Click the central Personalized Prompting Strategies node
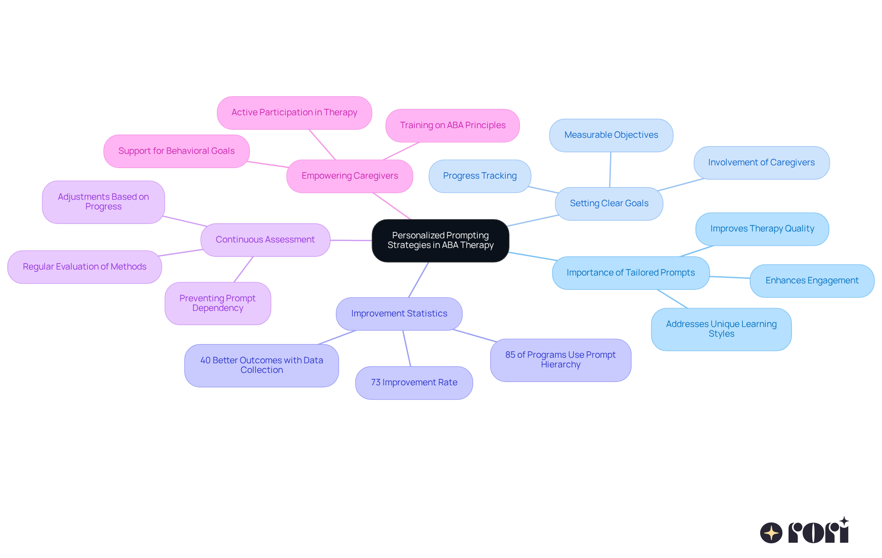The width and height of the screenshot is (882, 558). tap(440, 240)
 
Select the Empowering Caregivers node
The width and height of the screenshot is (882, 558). tap(350, 176)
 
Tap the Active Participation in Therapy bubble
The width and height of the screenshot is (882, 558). tap(294, 113)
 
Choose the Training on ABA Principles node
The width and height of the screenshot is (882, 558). tap(452, 125)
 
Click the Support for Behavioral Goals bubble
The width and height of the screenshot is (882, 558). tap(176, 151)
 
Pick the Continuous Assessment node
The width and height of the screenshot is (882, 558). tap(265, 240)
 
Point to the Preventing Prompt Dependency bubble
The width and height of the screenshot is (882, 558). tap(217, 303)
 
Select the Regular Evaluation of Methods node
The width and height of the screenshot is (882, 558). tap(85, 267)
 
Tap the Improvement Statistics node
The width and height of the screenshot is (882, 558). tap(399, 314)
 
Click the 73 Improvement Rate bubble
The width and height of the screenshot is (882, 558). tap(414, 383)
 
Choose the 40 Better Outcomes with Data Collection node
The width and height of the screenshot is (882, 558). tap(261, 365)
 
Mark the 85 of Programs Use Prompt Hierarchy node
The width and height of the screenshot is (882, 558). tap(560, 360)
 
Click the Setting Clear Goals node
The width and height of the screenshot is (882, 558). tap(609, 203)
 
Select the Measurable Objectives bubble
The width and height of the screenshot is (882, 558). tap(611, 135)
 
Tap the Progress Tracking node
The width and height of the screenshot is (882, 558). tap(480, 176)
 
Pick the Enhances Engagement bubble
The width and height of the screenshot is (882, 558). tap(812, 281)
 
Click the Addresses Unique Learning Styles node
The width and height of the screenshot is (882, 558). tap(721, 329)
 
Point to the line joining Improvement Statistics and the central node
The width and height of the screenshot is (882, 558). tap(418, 280)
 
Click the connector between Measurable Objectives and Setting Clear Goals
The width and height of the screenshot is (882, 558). tap(610, 169)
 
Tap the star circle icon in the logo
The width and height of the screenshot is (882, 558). tap(771, 533)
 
